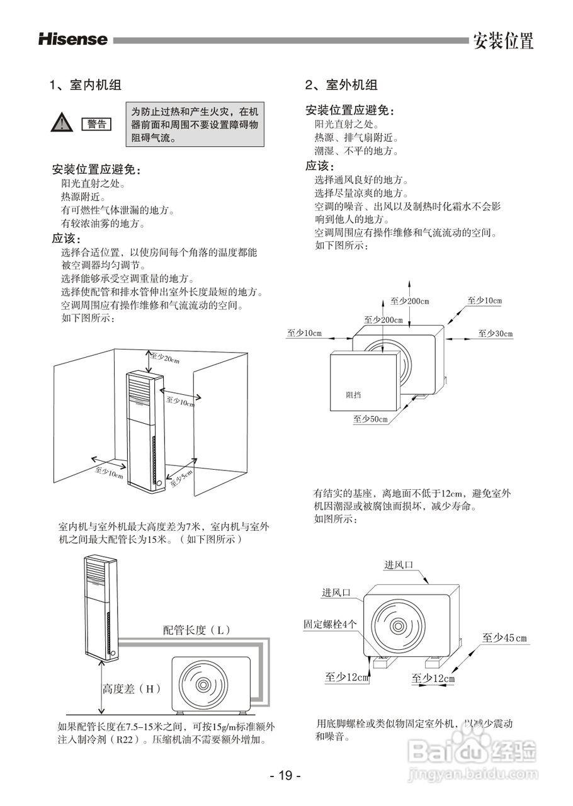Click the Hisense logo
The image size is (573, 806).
73,40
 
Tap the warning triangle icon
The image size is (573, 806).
60,123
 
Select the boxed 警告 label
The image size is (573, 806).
96,124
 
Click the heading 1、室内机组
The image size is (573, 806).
86,85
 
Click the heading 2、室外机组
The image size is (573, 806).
341,85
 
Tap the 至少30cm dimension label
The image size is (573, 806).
495,333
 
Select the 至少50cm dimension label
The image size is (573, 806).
370,419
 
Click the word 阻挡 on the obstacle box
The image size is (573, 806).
354,395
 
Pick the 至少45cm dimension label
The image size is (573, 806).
504,638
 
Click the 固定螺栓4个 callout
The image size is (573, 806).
330,624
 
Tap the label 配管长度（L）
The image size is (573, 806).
197,630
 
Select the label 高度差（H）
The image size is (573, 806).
132,689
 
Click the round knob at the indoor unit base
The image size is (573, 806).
158,484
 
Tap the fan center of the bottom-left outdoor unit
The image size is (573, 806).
203,685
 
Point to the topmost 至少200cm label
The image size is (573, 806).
409,301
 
